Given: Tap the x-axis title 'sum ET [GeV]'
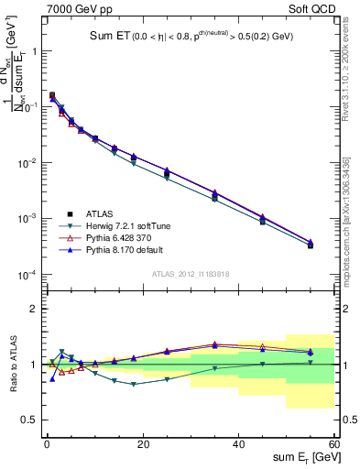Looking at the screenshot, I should [x=300, y=455].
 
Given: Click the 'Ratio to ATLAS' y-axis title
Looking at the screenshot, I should [x=12, y=365].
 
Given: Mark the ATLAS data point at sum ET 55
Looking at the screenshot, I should [x=311, y=245].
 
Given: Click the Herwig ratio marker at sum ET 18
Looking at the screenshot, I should [x=134, y=384].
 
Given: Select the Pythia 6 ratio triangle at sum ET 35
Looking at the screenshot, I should [x=215, y=344].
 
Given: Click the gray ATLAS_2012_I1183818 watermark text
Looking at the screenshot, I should [x=191, y=273].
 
